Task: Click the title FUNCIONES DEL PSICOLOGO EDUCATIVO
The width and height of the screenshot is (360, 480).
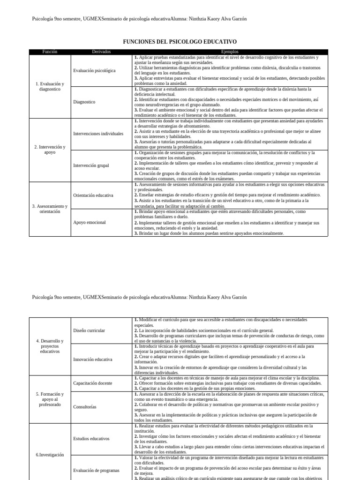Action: [180, 42]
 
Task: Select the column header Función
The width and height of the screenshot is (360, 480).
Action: [50, 52]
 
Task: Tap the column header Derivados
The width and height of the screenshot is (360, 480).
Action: [102, 52]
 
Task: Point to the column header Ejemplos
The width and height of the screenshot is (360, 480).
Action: [230, 52]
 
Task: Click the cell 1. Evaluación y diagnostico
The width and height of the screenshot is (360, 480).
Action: [50, 86]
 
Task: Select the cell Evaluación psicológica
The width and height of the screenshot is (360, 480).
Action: [94, 70]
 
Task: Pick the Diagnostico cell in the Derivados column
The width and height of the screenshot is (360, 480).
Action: [84, 102]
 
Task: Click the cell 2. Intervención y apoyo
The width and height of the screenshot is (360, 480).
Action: [50, 150]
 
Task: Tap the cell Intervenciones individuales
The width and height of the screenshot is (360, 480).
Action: [98, 134]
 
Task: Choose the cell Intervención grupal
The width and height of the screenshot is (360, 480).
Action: [91, 165]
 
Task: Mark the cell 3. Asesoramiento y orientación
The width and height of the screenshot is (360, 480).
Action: [50, 209]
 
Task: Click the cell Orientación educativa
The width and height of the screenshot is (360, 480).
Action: [93, 195]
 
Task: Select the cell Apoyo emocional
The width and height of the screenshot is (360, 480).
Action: [90, 222]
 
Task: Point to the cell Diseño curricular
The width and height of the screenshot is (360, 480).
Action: [89, 330]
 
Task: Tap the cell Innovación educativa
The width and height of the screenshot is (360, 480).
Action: [93, 360]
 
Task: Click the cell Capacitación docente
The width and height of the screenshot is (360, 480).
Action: [93, 383]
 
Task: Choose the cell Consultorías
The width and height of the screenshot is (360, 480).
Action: [85, 407]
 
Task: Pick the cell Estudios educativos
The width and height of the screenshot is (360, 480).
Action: [91, 439]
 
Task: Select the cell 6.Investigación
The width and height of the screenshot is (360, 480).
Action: [50, 455]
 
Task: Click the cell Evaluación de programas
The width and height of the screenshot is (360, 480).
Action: [97, 470]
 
